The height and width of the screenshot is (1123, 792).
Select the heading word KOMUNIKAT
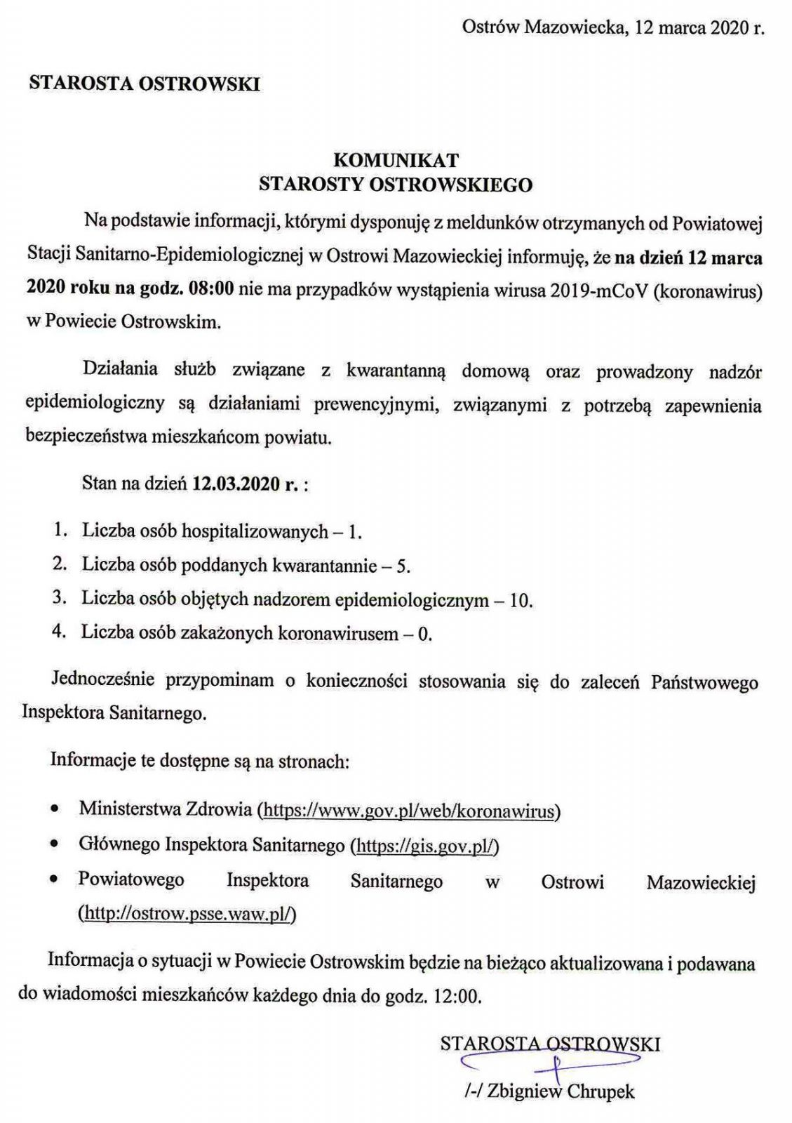(x=396, y=160)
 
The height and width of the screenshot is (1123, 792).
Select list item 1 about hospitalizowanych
(x=221, y=531)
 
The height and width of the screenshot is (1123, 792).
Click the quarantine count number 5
(x=402, y=566)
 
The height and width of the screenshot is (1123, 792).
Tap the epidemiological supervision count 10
(x=521, y=600)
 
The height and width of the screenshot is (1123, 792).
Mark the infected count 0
(x=422, y=634)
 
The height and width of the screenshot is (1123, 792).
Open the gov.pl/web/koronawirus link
(x=410, y=811)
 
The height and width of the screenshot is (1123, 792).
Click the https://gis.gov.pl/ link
(x=427, y=846)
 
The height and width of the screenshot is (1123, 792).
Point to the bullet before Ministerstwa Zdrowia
(x=55, y=811)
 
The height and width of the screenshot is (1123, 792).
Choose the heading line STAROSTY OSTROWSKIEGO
(x=396, y=185)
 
